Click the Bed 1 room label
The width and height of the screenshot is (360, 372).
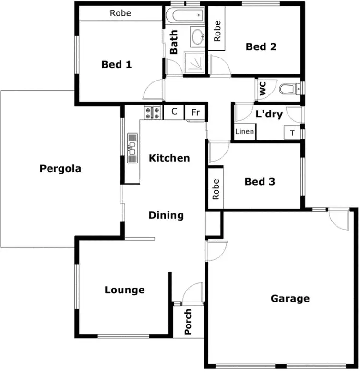[x=116, y=64]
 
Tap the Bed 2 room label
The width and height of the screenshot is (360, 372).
[x=261, y=46]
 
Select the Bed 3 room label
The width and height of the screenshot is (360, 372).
[x=260, y=182]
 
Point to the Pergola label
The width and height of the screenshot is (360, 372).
[x=60, y=169]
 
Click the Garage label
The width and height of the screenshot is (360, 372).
[x=290, y=299]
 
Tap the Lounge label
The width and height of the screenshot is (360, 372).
[x=124, y=290]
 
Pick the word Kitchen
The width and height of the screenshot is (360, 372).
[x=169, y=158]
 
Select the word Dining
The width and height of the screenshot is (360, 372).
[x=166, y=215]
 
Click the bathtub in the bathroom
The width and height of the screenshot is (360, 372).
[x=184, y=15]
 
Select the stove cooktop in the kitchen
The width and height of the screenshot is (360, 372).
[x=152, y=113]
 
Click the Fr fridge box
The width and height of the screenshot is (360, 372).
[x=195, y=112]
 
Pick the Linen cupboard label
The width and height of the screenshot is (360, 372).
[x=244, y=132]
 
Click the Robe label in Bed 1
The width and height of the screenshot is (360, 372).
[x=120, y=13]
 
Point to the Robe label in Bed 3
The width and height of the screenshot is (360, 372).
[x=216, y=189]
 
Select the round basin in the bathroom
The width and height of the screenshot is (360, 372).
[x=197, y=36]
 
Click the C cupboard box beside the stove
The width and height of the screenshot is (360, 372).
[x=174, y=112]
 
